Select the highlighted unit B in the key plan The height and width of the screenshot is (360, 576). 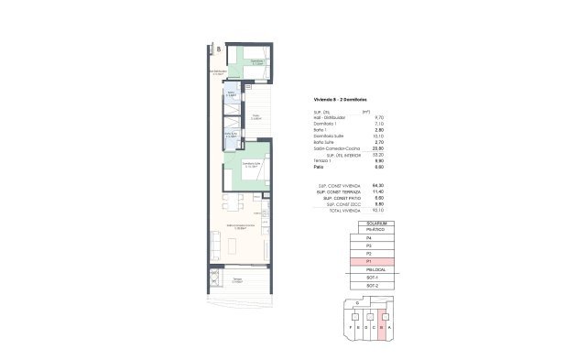point(381,325)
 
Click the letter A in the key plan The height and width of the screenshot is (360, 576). point(390,325)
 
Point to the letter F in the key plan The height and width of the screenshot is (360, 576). point(349,325)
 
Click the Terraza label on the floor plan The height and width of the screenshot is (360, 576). point(237,280)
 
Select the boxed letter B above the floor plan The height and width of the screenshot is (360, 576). point(218,49)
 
